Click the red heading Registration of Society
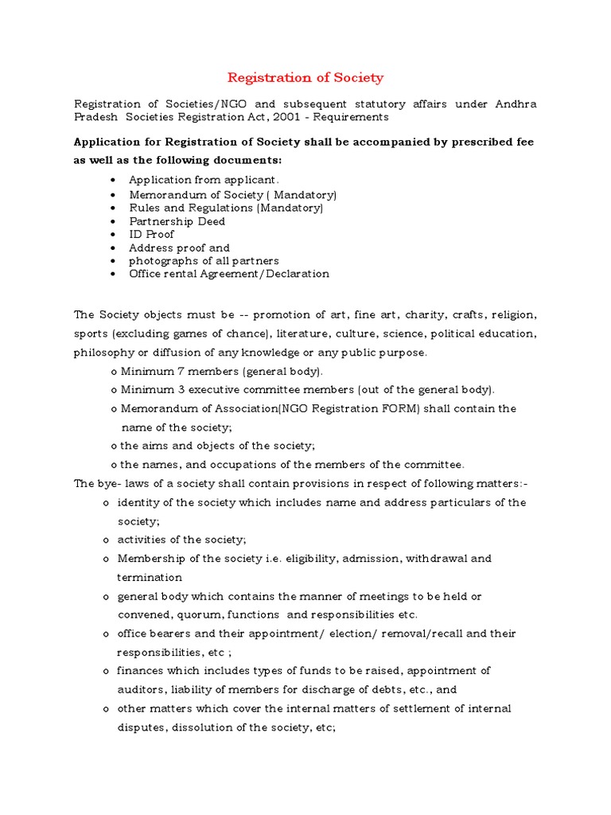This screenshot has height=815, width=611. [305, 77]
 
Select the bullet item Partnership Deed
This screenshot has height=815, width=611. [177, 221]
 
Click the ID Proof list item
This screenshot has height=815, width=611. [151, 234]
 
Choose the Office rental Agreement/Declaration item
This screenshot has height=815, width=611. [228, 274]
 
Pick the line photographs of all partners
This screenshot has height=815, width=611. [204, 260]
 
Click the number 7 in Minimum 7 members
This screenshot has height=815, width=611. [173, 371]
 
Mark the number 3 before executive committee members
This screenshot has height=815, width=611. [173, 390]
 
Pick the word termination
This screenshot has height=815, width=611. [150, 577]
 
